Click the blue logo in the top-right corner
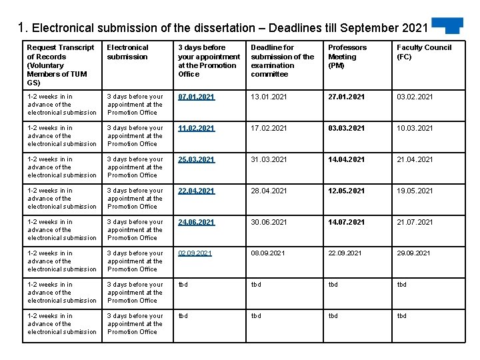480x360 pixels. click(447, 25)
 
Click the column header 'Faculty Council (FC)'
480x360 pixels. click(424, 52)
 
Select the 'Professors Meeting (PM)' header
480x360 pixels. click(347, 57)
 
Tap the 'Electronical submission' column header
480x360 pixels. click(128, 52)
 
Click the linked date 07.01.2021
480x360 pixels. click(196, 97)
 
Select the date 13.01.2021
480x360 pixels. click(269, 97)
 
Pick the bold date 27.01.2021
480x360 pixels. click(346, 97)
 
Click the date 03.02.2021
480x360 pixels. click(415, 97)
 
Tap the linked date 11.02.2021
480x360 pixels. click(196, 128)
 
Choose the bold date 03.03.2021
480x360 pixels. click(346, 128)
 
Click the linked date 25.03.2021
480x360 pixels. click(196, 159)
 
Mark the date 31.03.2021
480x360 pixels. click(269, 159)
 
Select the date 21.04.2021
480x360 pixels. click(415, 159)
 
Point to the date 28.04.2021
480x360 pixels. click(269, 191)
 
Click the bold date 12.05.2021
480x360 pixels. click(346, 191)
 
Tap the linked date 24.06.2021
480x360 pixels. click(196, 222)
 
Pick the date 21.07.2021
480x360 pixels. click(415, 222)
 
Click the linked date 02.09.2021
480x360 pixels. click(195, 253)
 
